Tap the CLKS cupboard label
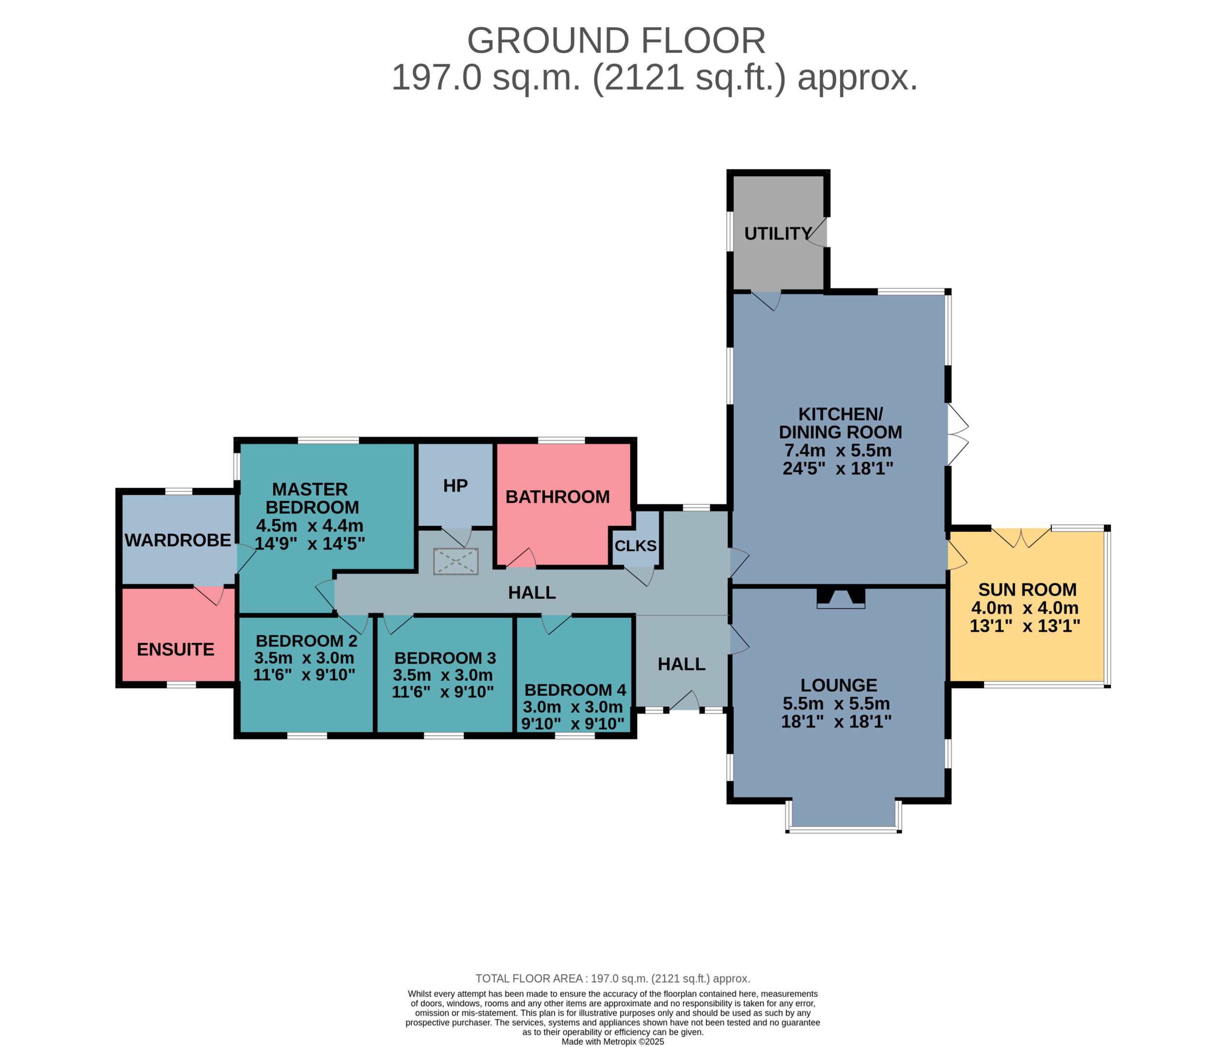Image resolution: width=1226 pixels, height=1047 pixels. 636,546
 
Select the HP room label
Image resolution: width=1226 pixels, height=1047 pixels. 455,486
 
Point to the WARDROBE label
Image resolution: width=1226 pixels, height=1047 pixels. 178,540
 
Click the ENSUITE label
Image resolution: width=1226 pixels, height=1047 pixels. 176,650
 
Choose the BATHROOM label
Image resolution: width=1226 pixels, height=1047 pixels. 557,497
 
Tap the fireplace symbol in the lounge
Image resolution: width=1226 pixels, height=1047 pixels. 841,598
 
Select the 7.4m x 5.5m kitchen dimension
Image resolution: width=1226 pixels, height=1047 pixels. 838,450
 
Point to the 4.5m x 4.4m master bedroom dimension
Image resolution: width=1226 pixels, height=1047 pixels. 309,525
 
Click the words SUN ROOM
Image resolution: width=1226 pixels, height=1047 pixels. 1027,590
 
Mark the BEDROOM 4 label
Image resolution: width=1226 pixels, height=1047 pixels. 575,690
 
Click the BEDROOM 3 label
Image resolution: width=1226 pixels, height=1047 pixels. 445,658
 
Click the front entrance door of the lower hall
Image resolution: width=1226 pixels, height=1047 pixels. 684,701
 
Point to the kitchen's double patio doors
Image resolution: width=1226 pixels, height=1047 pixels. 958,434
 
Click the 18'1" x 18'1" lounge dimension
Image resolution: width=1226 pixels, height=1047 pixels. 836,721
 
